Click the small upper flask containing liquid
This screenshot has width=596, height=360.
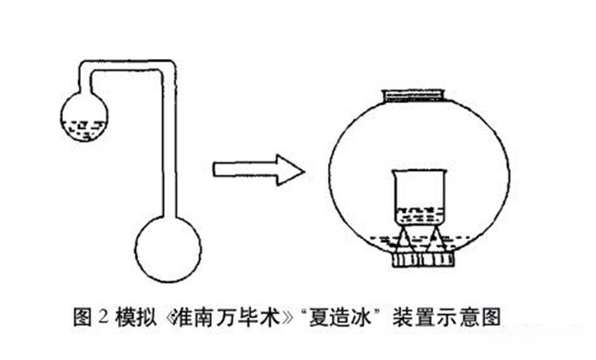tap(84, 116)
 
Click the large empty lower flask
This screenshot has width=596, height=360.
tap(168, 249)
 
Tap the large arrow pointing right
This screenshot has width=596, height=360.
tap(258, 170)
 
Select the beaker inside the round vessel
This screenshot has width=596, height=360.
tap(418, 197)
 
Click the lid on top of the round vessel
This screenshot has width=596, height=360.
tap(414, 95)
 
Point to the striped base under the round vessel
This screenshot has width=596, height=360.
tap(423, 260)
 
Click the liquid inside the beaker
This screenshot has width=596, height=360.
tap(419, 216)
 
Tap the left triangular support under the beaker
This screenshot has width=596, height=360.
tap(404, 239)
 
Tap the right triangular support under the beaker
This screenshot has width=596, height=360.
tap(435, 239)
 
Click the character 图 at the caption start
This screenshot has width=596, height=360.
tap(82, 316)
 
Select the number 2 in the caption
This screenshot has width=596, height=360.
tap(103, 317)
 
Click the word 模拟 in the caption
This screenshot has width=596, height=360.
tap(135, 317)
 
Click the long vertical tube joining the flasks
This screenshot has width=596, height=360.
tap(170, 145)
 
